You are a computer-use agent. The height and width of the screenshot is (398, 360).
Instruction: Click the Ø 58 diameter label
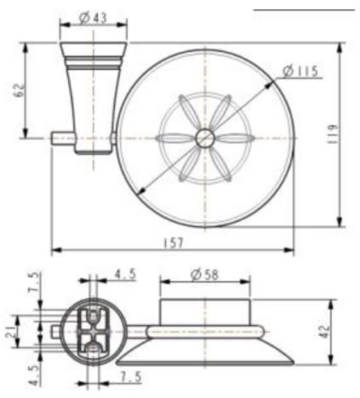204,275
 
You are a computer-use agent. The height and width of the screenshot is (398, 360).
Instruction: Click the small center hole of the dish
206,138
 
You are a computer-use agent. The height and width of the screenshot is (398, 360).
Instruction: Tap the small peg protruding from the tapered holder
60,136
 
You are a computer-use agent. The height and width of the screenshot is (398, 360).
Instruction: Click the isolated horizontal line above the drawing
302,10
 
